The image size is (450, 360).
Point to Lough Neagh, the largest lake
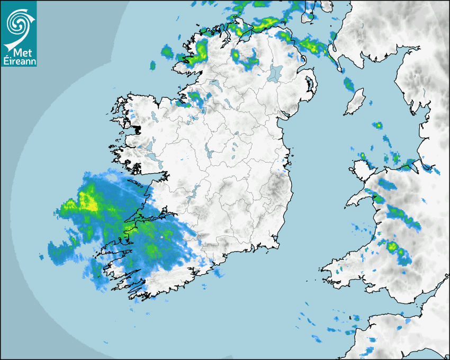click(275, 73)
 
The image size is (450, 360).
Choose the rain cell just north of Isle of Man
click(348, 83)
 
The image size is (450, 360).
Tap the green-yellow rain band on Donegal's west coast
click(200, 51)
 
